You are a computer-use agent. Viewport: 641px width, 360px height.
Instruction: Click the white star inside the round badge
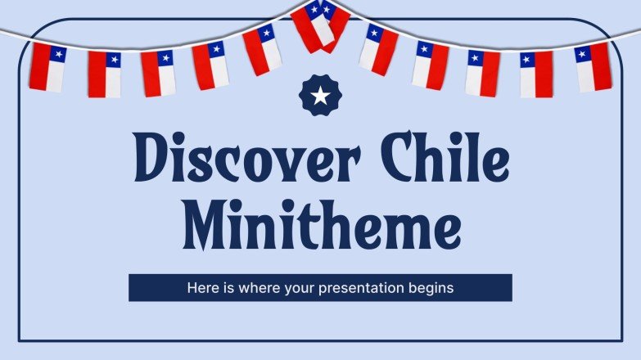(320, 97)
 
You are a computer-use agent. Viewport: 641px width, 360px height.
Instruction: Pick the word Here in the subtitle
(201, 288)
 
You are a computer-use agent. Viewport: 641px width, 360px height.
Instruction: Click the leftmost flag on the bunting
(46, 67)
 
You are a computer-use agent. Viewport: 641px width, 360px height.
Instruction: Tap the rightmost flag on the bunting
(594, 67)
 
